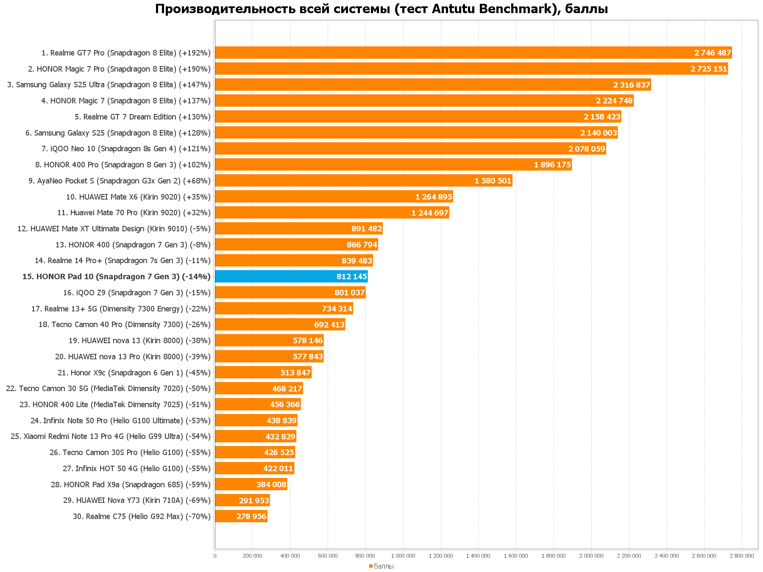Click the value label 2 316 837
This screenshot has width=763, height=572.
coord(632,85)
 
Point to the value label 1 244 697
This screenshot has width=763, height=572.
coord(430,213)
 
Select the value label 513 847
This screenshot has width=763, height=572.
coord(295,373)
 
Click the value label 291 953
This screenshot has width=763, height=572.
coord(254,501)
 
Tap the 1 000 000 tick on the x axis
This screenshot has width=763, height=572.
coord(403,556)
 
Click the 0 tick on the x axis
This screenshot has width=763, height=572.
coord(215,556)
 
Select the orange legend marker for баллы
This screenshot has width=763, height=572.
coord(370,566)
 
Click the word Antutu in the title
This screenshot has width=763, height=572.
coord(454,9)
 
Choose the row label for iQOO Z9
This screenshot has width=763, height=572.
coord(136,293)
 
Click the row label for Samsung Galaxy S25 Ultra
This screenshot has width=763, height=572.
coord(109,85)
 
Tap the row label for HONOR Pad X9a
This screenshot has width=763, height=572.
coord(131,485)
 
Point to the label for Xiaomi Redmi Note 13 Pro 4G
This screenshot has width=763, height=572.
coord(110,436)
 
